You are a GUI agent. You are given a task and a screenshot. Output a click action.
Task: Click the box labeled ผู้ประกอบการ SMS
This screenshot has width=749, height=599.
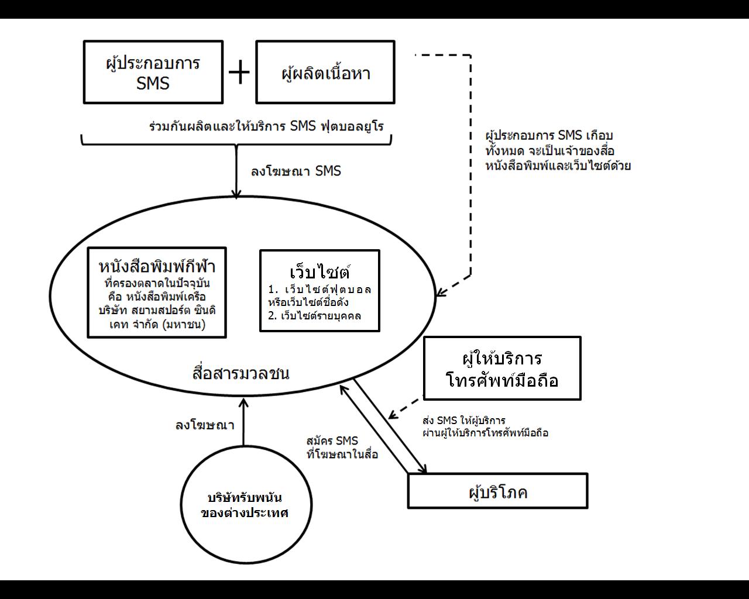(153, 72)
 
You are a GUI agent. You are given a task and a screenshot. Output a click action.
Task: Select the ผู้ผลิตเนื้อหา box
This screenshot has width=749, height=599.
(325, 72)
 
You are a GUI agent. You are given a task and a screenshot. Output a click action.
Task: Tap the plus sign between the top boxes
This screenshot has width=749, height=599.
(239, 73)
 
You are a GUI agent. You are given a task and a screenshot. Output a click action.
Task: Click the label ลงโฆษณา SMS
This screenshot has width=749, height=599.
(296, 171)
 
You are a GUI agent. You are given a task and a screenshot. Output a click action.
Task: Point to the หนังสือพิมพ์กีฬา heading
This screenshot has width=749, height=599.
(157, 267)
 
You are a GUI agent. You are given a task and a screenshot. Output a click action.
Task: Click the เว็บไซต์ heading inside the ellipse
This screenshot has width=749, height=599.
(319, 272)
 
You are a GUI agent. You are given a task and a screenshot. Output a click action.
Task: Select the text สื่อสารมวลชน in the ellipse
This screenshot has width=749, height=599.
(240, 373)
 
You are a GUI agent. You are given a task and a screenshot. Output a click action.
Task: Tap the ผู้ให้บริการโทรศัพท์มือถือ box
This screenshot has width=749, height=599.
(502, 369)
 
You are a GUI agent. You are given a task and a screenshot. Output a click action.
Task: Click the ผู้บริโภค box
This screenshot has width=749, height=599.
(497, 491)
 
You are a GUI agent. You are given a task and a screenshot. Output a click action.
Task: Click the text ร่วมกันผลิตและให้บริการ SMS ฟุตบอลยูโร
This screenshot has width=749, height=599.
(266, 126)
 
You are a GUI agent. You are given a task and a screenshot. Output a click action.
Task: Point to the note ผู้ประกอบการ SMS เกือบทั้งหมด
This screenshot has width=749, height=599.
(558, 150)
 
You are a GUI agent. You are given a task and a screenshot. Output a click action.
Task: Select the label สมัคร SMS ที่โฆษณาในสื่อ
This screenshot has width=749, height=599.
(342, 447)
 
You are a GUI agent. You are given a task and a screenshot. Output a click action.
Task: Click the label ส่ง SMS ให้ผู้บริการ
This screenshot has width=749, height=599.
(485, 427)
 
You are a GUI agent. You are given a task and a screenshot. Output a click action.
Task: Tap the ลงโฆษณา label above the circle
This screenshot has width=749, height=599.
(205, 425)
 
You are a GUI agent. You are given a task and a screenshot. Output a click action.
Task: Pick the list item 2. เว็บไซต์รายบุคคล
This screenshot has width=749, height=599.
(315, 316)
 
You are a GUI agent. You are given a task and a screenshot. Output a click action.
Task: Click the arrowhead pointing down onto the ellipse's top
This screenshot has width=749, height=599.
(236, 194)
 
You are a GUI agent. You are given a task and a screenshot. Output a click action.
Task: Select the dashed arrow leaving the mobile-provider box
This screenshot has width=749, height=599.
(406, 408)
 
